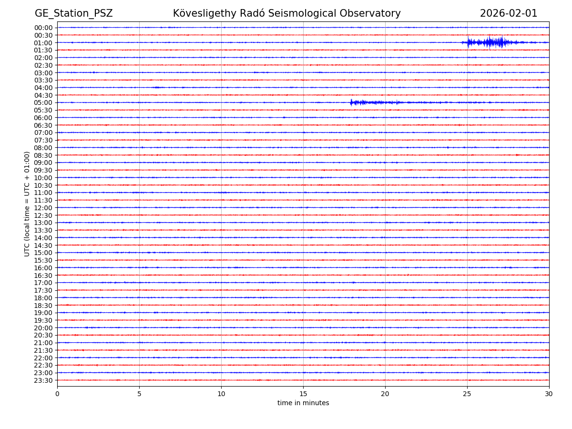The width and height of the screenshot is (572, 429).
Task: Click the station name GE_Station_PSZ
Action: (x=73, y=13)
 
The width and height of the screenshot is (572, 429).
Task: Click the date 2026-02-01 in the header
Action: (x=508, y=13)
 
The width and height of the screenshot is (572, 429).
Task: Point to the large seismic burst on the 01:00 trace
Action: (x=491, y=42)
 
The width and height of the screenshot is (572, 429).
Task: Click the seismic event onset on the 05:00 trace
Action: (x=351, y=102)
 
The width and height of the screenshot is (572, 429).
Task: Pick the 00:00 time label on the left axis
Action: (x=43, y=28)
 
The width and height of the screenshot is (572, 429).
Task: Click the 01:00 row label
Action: (x=43, y=43)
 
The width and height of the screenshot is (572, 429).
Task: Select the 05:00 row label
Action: (x=43, y=102)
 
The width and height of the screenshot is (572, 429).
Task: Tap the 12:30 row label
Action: (x=43, y=215)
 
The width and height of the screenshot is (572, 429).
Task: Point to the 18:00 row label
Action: (x=43, y=298)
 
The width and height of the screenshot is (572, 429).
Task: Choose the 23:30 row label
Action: (x=43, y=380)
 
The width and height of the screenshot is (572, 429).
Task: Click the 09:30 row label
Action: (x=43, y=170)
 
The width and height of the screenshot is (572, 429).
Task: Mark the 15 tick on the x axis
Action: (x=303, y=394)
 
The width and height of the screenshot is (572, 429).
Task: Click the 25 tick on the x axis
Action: (x=467, y=394)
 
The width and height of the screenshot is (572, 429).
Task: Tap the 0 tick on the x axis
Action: (x=57, y=394)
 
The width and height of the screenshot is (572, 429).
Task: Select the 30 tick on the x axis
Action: (x=549, y=394)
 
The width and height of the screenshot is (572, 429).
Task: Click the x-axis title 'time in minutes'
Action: (x=303, y=403)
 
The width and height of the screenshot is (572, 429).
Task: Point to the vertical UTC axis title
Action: (x=28, y=204)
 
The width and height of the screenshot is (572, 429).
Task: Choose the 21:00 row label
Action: (x=43, y=343)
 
